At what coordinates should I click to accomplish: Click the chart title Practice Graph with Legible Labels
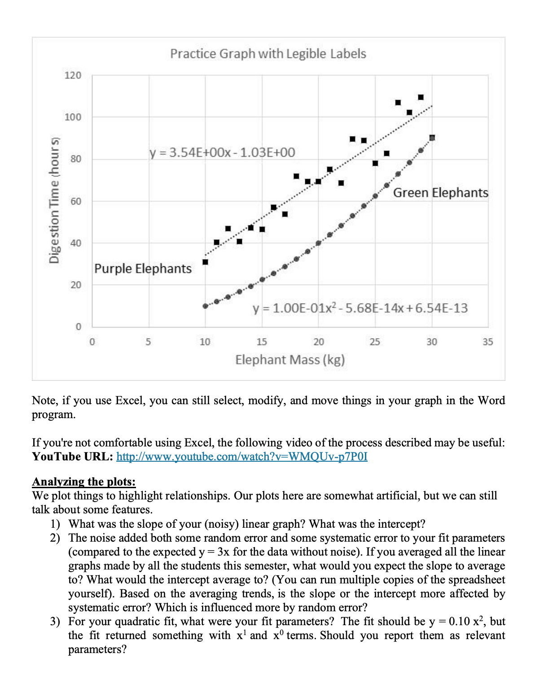tap(268, 54)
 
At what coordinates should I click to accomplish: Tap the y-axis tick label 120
tap(73, 75)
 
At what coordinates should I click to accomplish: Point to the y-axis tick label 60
tap(75, 201)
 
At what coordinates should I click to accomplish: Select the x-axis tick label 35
tap(487, 342)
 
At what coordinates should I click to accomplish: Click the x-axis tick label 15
tap(262, 342)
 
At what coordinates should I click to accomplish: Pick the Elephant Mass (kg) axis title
tap(290, 360)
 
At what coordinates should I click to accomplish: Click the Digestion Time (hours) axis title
tap(54, 199)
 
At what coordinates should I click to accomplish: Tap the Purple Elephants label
tap(143, 269)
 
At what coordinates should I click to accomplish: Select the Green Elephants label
tap(440, 193)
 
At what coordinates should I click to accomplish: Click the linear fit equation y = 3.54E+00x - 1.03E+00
tap(222, 153)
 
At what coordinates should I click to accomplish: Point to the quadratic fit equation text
tap(360, 308)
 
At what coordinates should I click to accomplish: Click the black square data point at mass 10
tap(205, 262)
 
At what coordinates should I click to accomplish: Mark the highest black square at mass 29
tap(421, 97)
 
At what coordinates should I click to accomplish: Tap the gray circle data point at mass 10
tap(205, 306)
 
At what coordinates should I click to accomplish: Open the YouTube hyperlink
tap(242, 457)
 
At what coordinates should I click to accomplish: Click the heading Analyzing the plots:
tap(84, 482)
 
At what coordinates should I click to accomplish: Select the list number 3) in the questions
tap(55, 622)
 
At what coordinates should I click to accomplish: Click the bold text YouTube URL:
tap(72, 457)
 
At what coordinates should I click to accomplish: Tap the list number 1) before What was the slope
tap(55, 524)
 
